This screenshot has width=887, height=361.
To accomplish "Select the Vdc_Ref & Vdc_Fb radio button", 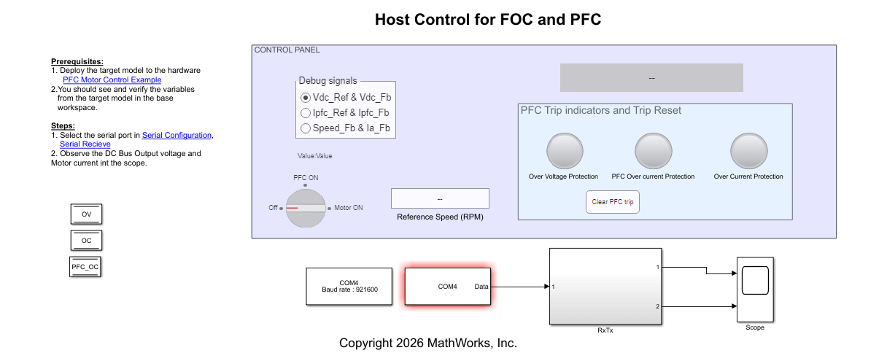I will [306, 97].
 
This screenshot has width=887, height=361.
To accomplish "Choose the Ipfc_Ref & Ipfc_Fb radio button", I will [306, 113].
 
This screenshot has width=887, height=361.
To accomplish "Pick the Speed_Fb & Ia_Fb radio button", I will [306, 128].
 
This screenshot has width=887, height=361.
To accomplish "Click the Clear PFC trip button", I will [613, 202].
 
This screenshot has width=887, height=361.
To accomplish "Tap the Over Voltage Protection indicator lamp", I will [563, 150].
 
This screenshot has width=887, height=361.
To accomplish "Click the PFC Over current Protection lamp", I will [653, 150].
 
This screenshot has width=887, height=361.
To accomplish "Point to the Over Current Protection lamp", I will [748, 150].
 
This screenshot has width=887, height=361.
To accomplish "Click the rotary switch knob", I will [305, 208].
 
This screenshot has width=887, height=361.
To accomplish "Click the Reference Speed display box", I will [440, 198].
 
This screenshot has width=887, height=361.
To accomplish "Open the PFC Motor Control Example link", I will [112, 79].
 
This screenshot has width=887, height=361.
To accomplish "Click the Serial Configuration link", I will [177, 136].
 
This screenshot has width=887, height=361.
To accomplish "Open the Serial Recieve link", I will [85, 144].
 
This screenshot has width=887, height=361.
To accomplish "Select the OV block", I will [86, 214].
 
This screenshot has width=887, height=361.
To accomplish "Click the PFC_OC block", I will [85, 268].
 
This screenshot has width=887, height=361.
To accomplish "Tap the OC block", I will [86, 240].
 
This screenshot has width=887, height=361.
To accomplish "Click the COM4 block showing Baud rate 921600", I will [349, 286].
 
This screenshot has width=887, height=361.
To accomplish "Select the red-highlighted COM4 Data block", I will [448, 287].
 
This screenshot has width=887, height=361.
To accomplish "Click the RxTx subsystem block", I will [604, 287].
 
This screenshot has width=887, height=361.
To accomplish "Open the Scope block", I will [755, 290].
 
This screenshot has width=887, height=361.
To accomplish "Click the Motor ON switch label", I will [349, 208].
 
